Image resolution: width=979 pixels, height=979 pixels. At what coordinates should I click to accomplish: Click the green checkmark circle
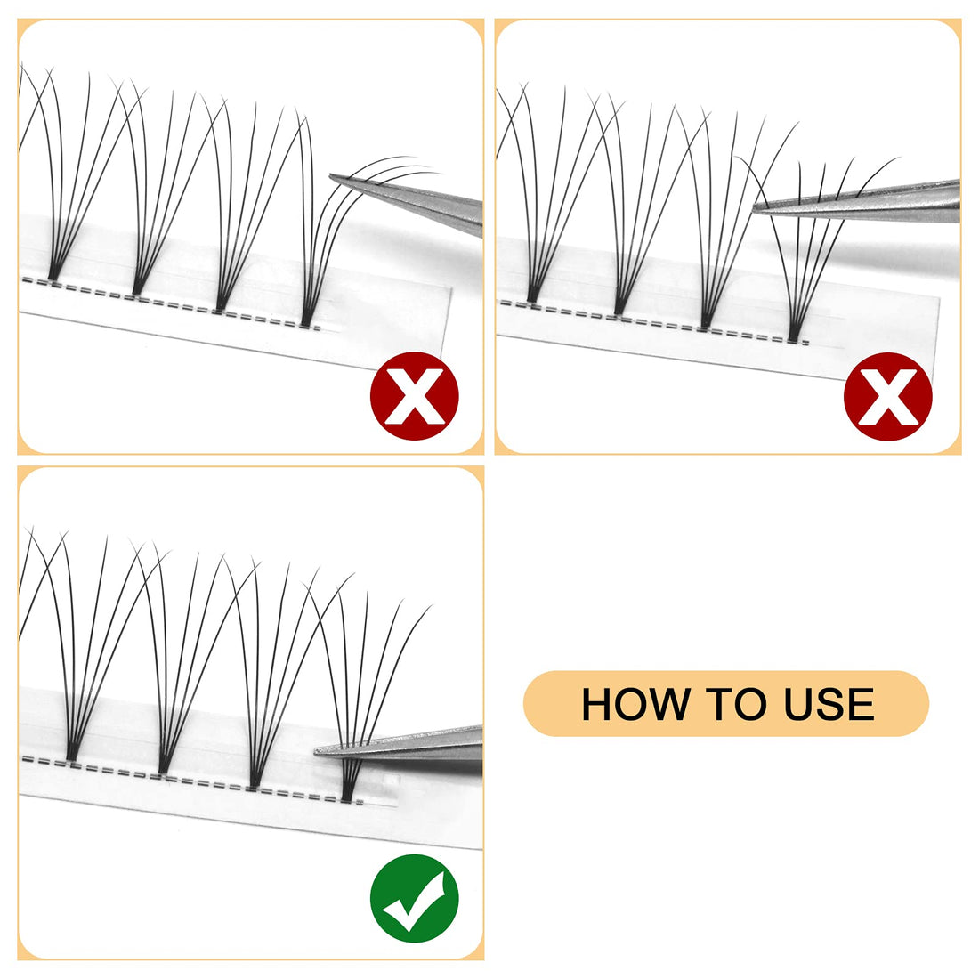[414, 898]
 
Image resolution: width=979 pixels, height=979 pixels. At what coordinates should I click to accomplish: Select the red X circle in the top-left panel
[414, 396]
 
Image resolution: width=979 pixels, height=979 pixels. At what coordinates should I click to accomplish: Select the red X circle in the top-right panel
[887, 396]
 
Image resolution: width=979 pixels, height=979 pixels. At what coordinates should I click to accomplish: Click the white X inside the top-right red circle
[887, 396]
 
